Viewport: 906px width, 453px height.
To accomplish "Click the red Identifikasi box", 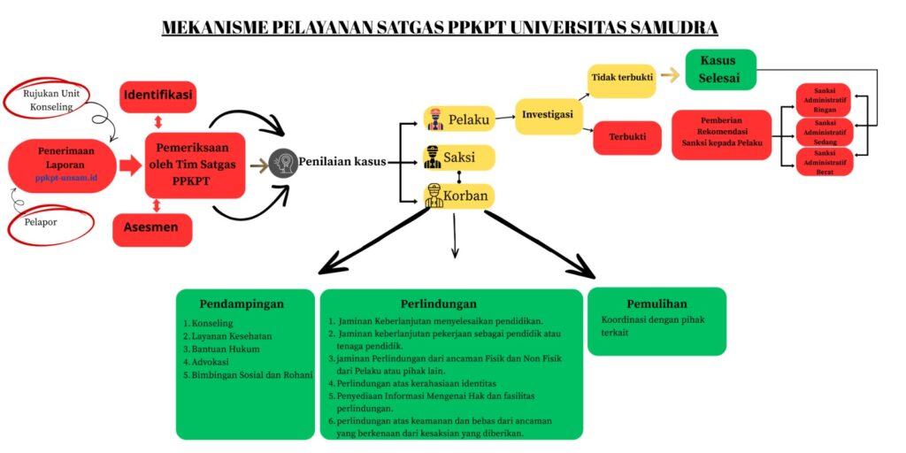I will [x=158, y=96].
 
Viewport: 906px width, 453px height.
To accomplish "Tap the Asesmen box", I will [x=150, y=228].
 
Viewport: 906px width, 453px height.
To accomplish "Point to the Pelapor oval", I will [x=51, y=223].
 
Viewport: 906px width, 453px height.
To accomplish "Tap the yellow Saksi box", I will [x=458, y=157].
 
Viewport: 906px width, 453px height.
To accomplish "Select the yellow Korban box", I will [x=457, y=196].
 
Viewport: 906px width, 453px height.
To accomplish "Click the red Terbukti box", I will [x=626, y=137].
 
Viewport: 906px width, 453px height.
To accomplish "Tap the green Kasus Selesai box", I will [x=720, y=70].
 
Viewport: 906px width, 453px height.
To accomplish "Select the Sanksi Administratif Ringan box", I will [x=825, y=99].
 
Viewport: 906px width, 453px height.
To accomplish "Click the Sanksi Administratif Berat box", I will [x=825, y=162].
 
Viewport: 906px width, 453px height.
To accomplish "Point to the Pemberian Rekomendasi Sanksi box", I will [x=722, y=134].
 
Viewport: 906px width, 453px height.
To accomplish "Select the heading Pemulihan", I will [x=656, y=303].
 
